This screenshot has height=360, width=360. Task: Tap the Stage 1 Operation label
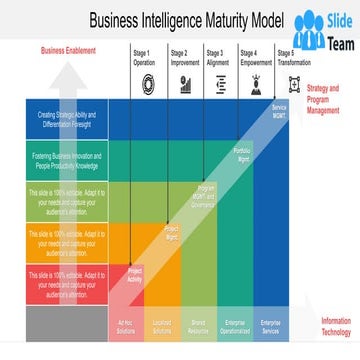pyautogui.click(x=144, y=57)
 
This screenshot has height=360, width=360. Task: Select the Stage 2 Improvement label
pyautogui.click(x=185, y=57)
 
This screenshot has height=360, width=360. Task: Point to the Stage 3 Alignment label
pyautogui.click(x=217, y=57)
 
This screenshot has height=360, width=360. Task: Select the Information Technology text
pyautogui.click(x=335, y=325)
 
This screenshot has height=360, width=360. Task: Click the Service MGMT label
pyautogui.click(x=279, y=110)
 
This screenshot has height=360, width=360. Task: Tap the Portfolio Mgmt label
pyautogui.click(x=242, y=153)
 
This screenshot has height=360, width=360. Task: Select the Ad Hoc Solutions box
pyautogui.click(x=127, y=325)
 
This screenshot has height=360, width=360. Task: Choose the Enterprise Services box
pyautogui.click(x=270, y=325)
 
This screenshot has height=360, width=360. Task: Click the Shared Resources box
pyautogui.click(x=199, y=325)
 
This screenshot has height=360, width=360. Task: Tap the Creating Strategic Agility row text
pyautogui.click(x=67, y=119)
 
